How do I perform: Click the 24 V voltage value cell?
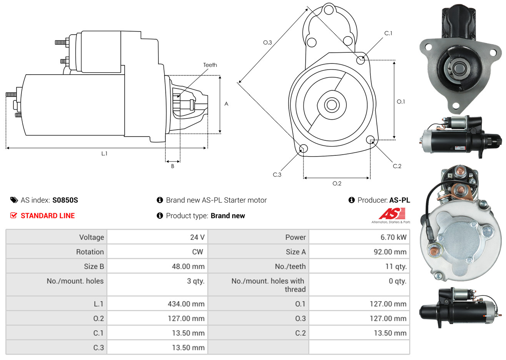[x=197, y=237]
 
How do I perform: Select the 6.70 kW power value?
[x=393, y=237]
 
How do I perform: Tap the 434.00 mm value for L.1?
[x=186, y=304]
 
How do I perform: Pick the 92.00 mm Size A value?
[x=390, y=252]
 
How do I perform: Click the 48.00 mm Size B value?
[x=188, y=267]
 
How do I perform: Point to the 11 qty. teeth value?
[x=396, y=267]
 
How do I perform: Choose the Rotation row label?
[x=90, y=252]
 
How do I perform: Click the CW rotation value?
[x=197, y=252]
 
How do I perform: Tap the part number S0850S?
[x=65, y=200]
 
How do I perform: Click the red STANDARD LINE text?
[x=48, y=216]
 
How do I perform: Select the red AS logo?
[x=392, y=214]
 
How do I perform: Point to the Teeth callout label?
[x=210, y=65]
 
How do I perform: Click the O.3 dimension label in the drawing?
[x=268, y=42]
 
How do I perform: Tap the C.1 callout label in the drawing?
[x=388, y=33]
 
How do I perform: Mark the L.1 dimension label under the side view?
[x=104, y=154]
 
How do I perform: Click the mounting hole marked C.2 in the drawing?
[x=370, y=140]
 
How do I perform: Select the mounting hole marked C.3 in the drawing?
[x=303, y=148]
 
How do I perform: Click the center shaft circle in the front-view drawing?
[x=331, y=105]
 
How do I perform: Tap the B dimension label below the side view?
[x=173, y=166]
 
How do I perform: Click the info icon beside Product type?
[x=160, y=216]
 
